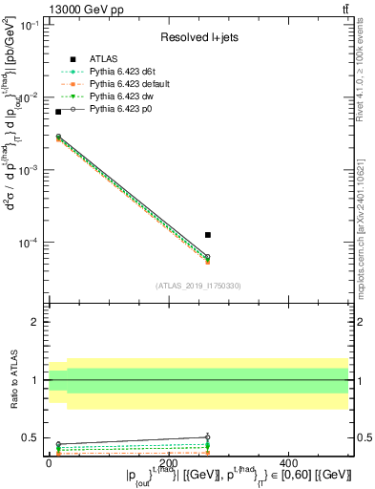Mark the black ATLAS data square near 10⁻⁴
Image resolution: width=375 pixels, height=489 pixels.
pyautogui.click(x=208, y=234)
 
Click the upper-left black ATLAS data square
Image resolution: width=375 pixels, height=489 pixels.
pyautogui.click(x=58, y=112)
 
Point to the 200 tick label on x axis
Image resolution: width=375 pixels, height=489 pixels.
pyautogui.click(x=199, y=463)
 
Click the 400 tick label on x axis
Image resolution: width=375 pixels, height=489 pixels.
pyautogui.click(x=352, y=463)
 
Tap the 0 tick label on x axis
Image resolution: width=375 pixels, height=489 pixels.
pyautogui.click(x=48, y=463)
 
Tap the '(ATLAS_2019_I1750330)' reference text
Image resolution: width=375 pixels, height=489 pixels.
pyautogui.click(x=198, y=285)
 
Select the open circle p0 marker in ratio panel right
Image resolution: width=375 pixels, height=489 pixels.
pyautogui.click(x=208, y=437)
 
